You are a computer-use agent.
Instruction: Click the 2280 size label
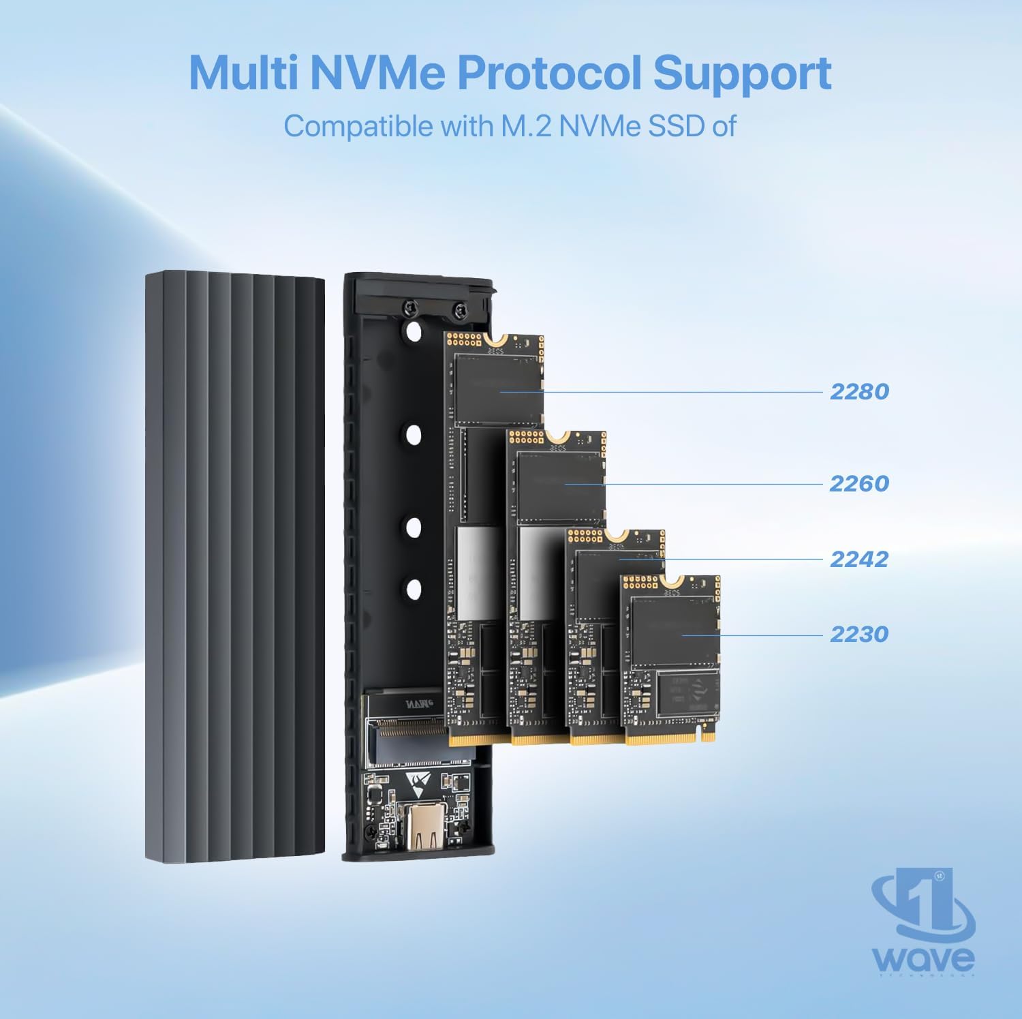click(x=859, y=392)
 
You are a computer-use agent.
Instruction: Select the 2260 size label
click(x=859, y=484)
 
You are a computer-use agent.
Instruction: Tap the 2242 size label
click(x=859, y=559)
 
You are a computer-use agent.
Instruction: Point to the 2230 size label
click(x=859, y=634)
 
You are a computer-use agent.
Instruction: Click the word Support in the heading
click(x=743, y=74)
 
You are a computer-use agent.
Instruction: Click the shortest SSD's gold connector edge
click(x=670, y=737)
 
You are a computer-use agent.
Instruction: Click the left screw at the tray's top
click(x=409, y=308)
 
